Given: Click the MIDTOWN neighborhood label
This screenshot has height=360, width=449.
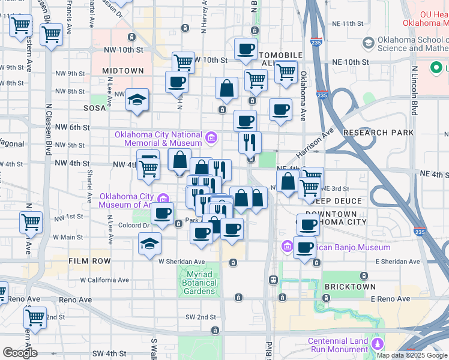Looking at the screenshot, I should tap(123, 71).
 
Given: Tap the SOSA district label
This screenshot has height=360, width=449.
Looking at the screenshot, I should tap(95, 109).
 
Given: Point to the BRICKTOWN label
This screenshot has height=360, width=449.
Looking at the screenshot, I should tap(350, 287).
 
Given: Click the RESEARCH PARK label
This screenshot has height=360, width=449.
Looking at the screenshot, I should tap(378, 133).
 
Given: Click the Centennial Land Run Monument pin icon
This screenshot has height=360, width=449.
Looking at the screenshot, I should tap(377, 344).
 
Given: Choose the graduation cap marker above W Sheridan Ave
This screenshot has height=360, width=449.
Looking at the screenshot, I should tap(149, 244).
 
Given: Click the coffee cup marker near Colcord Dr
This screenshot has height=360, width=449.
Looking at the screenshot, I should tap(161, 214).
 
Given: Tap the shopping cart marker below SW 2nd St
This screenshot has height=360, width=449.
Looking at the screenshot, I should tap(35, 317).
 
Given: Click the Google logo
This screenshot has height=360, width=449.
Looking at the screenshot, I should tap(20, 353).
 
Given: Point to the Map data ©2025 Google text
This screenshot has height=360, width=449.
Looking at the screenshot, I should tap(412, 355).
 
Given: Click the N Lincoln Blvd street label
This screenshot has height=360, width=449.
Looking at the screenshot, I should tap(414, 90).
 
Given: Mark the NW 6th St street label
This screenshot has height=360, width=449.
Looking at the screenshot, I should tap(72, 128).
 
